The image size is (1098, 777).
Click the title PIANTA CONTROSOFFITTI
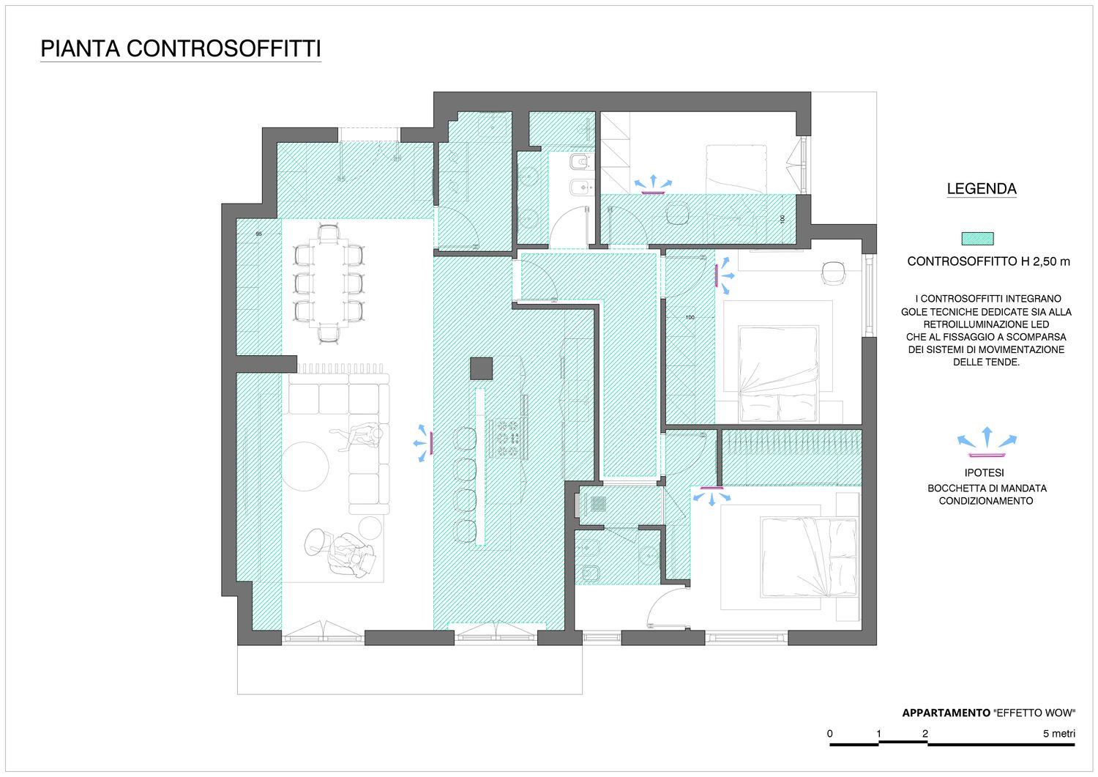pyautogui.click(x=180, y=48)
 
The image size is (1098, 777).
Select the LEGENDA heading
pyautogui.click(x=982, y=189)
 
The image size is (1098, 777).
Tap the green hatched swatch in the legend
pyautogui.click(x=977, y=239)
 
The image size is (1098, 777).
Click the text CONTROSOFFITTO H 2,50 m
pyautogui.click(x=988, y=261)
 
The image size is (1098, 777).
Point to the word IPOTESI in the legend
pyautogui.click(x=985, y=473)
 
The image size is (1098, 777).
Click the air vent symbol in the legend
pyautogui.click(x=987, y=442)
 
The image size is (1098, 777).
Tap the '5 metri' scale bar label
pyautogui.click(x=1058, y=733)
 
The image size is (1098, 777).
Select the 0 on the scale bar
pyautogui.click(x=830, y=733)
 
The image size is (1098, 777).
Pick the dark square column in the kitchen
pyautogui.click(x=482, y=368)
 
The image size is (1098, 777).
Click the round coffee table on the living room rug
pyautogui.click(x=305, y=466)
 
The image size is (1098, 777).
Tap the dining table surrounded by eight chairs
pyautogui.click(x=329, y=283)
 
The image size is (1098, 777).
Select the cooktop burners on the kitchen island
pyautogui.click(x=508, y=437)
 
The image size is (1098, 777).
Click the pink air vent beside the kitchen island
pyautogui.click(x=431, y=443)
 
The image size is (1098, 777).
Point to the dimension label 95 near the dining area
pyautogui.click(x=259, y=234)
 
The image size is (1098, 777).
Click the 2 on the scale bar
pyautogui.click(x=925, y=733)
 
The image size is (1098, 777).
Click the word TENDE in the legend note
pyautogui.click(x=1004, y=363)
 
